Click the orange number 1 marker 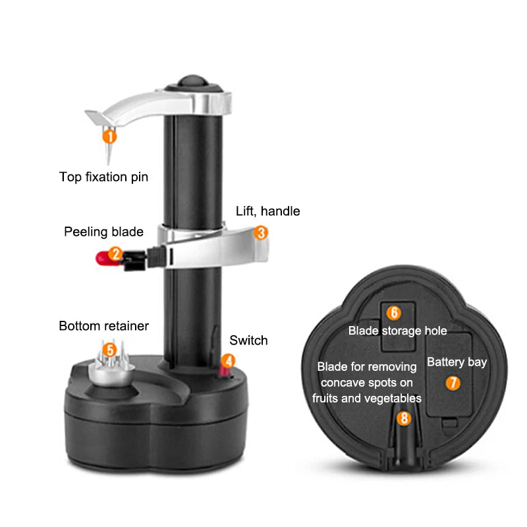click(109, 136)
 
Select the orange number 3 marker click(261, 233)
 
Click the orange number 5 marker click(110, 349)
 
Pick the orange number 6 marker click(393, 313)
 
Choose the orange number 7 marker click(453, 382)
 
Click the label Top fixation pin click(103, 177)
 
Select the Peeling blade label click(103, 232)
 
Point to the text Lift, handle click(268, 211)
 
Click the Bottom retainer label click(103, 325)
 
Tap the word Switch click(248, 341)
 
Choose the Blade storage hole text click(397, 331)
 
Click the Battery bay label click(457, 362)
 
